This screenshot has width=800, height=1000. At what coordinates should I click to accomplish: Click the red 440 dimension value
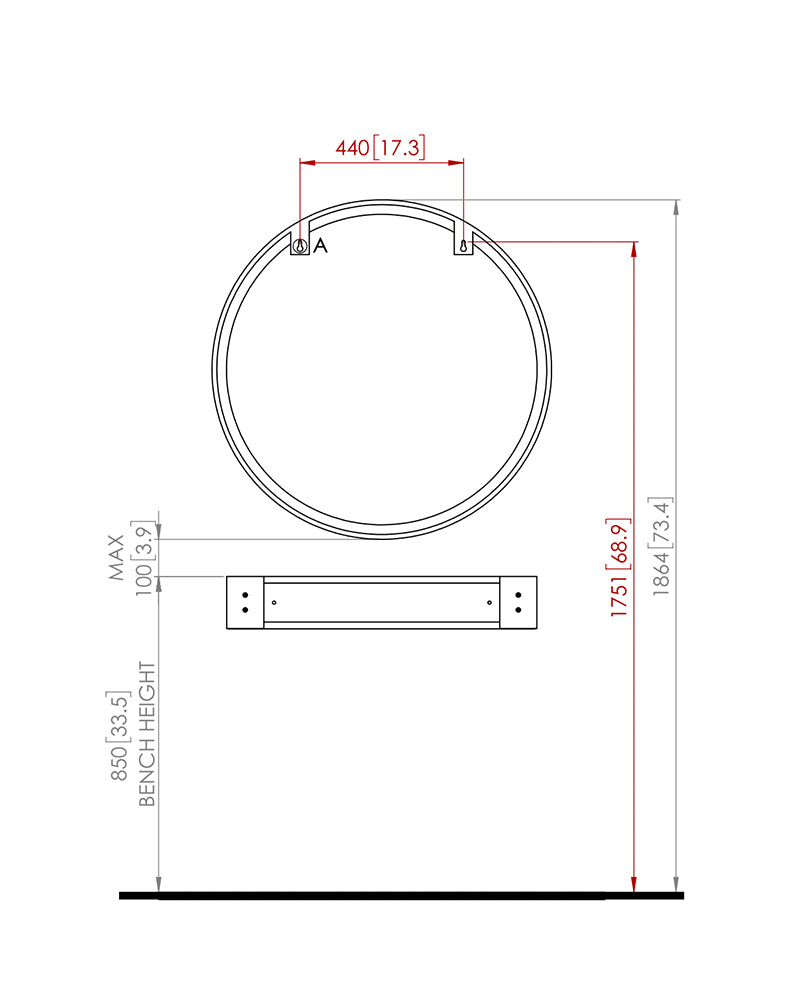pyautogui.click(x=352, y=148)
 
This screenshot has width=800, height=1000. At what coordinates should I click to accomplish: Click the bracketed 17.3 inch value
pyautogui.click(x=400, y=148)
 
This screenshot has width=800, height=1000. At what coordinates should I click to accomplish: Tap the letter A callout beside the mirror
pyautogui.click(x=320, y=246)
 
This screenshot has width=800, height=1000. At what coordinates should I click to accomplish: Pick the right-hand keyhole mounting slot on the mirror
pyautogui.click(x=463, y=245)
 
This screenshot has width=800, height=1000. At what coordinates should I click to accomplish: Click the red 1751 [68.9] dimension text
pyautogui.click(x=619, y=567)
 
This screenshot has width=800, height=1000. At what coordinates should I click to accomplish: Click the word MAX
pyautogui.click(x=117, y=557)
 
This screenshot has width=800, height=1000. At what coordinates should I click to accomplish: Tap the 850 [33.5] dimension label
pyautogui.click(x=119, y=735)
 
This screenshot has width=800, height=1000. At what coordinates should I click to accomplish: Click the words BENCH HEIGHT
pyautogui.click(x=147, y=733)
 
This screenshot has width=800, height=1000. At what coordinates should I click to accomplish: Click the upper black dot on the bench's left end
pyautogui.click(x=245, y=595)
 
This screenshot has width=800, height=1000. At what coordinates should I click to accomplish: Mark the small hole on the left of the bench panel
pyautogui.click(x=274, y=602)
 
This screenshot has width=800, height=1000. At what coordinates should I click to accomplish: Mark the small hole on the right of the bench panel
pyautogui.click(x=489, y=602)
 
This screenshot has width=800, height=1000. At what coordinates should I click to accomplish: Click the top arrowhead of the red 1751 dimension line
pyautogui.click(x=633, y=249)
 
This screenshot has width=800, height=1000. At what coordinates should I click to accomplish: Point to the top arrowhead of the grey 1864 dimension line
pyautogui.click(x=677, y=208)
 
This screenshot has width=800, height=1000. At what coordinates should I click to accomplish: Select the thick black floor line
pyautogui.click(x=400, y=895)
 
